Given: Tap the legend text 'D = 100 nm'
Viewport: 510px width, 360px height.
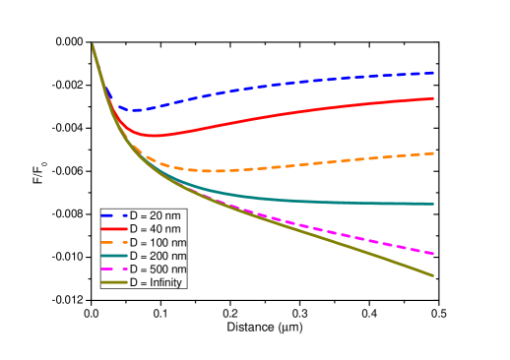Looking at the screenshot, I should [x=159, y=242].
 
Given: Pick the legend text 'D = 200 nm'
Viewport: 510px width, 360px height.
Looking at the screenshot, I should [x=159, y=256].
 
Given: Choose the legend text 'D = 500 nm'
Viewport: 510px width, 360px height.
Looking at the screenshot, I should [x=159, y=269].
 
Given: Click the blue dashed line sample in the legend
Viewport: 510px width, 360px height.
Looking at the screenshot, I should [x=114, y=215].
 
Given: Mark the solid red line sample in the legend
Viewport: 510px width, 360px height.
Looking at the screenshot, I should [x=114, y=229].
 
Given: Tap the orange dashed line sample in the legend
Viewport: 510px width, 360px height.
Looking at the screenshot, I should [x=114, y=242].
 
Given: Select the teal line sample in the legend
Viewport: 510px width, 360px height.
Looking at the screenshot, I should [x=114, y=256].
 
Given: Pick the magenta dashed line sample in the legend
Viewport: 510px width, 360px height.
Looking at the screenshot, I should [x=114, y=269].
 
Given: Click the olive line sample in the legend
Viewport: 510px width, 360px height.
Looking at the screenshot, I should [x=114, y=282].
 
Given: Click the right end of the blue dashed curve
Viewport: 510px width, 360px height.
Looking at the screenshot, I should [x=433, y=73].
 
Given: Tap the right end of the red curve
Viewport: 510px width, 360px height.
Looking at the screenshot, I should [x=433, y=98].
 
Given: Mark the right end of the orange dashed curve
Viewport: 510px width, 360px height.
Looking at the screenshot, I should [x=433, y=153].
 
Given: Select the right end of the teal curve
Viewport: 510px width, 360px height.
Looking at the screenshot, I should [x=433, y=204].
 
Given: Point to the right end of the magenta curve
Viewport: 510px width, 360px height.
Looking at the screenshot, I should [x=433, y=254].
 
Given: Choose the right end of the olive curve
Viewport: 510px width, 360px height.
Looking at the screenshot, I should [x=433, y=275].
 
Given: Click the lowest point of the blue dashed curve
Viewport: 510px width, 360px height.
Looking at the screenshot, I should [x=136, y=110].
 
